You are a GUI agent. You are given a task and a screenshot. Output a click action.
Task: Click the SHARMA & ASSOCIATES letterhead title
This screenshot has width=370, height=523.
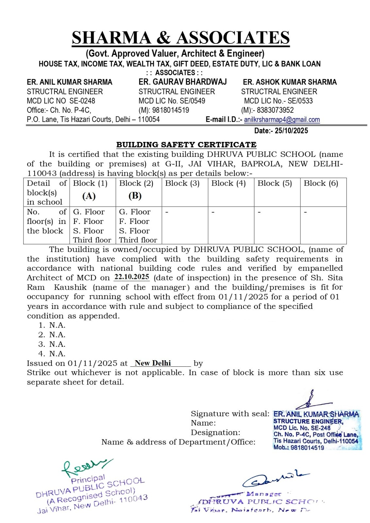click(180, 38)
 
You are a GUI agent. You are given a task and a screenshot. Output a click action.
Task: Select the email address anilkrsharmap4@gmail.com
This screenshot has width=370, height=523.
click(282, 120)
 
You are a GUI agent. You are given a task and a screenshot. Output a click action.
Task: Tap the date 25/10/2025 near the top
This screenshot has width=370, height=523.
click(291, 131)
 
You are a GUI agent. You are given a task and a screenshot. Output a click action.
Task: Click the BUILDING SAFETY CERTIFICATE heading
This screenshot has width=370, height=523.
click(186, 145)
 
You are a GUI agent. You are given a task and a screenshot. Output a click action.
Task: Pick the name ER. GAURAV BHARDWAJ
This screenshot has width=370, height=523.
click(182, 82)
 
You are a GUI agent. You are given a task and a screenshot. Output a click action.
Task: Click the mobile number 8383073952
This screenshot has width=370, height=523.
click(275, 110)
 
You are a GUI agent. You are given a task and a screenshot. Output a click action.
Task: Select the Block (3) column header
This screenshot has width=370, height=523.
click(182, 183)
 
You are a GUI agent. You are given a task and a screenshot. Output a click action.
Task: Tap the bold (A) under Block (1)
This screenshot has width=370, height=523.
click(89, 196)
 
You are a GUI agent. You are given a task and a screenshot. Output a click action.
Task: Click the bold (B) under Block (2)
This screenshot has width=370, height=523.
click(135, 196)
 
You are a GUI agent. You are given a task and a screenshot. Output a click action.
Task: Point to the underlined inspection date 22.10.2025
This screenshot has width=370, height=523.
click(132, 277)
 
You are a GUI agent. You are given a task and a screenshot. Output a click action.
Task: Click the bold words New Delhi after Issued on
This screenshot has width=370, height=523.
click(153, 363)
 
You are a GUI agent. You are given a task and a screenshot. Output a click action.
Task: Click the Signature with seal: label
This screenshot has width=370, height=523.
click(230, 414)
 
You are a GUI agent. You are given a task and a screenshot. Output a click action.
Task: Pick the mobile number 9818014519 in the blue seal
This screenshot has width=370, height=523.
click(307, 448)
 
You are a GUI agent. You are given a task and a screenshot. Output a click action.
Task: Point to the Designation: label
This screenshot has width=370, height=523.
click(215, 433)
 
